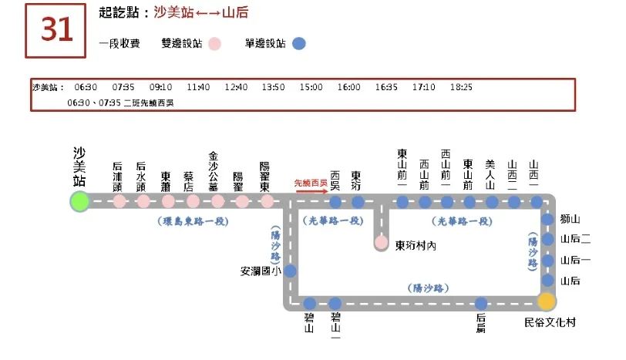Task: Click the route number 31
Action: click(x=57, y=30)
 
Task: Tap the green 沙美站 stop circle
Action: click(x=79, y=202)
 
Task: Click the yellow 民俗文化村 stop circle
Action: click(x=547, y=301)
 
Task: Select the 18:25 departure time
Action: click(x=460, y=87)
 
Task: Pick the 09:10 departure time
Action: click(x=160, y=87)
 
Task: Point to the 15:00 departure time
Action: click(x=311, y=87)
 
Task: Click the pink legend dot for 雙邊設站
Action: click(x=215, y=44)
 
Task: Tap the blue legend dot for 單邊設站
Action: click(x=299, y=44)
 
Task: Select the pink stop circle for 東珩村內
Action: click(x=381, y=243)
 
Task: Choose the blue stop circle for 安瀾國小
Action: click(x=291, y=271)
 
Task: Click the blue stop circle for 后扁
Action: click(x=481, y=303)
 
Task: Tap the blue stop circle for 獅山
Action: click(x=547, y=220)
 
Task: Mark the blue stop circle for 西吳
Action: click(x=335, y=202)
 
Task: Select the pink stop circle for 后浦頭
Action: click(x=119, y=202)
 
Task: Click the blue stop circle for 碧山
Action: click(x=310, y=303)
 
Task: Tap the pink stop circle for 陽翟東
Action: click(x=267, y=202)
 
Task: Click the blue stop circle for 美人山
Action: click(x=492, y=202)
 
